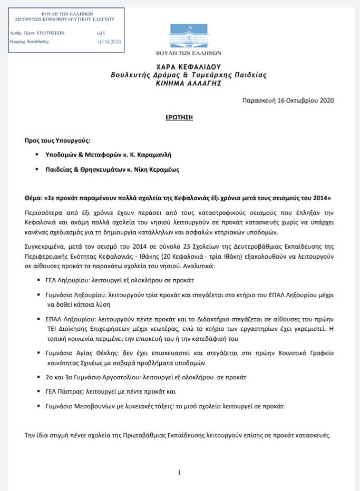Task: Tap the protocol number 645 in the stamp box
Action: [x=101, y=33]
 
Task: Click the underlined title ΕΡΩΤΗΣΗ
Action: [x=180, y=117]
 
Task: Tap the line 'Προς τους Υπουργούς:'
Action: [x=57, y=142]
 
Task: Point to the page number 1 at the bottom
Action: [x=179, y=473]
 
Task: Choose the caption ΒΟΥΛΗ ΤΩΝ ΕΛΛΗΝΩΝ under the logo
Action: [x=189, y=53]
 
